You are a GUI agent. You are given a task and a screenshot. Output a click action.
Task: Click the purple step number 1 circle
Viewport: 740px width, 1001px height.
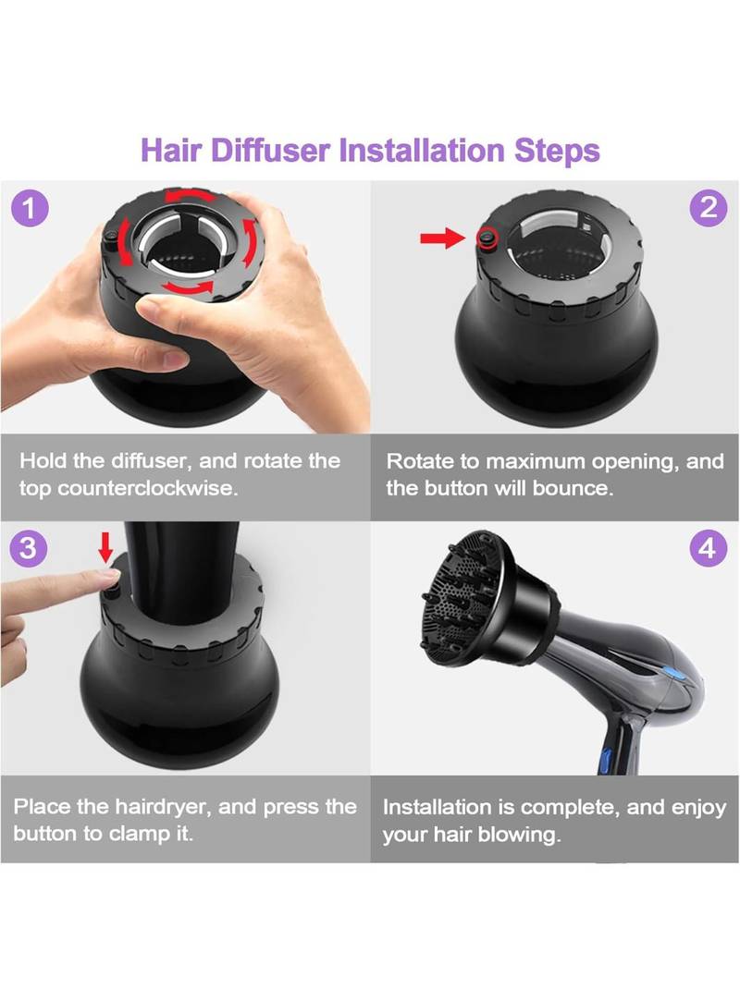30,209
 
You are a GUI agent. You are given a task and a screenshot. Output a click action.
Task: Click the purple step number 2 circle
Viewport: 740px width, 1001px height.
708,208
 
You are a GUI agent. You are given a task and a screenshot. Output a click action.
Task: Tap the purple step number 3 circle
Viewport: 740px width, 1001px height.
28,548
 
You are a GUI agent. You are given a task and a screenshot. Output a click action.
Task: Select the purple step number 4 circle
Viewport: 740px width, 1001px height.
708,548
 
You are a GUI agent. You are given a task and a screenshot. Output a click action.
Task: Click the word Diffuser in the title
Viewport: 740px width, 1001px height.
270,151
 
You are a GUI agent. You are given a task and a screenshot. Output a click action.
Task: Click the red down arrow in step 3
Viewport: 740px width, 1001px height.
106,547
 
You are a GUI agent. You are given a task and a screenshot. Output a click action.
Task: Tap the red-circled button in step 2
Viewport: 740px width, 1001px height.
487,238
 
